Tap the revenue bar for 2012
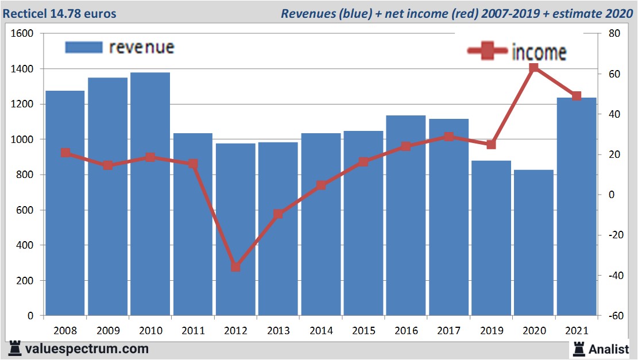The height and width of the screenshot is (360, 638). pos(235,229)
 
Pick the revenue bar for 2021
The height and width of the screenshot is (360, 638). pos(576,207)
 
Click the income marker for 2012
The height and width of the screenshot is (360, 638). pos(235,267)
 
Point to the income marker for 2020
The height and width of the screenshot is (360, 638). pos(533,68)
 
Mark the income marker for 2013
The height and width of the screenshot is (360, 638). pos(279,214)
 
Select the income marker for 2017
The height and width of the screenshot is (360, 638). pos(448,137)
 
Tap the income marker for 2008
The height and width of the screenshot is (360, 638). pos(65,153)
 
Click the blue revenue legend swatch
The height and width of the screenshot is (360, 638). pos(84,47)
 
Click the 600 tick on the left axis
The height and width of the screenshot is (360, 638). pos(26,210)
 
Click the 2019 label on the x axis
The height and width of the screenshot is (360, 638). pos(491,331)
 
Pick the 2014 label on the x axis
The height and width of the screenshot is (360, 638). pos(321,331)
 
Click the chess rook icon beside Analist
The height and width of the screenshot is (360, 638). pos(578,349)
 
